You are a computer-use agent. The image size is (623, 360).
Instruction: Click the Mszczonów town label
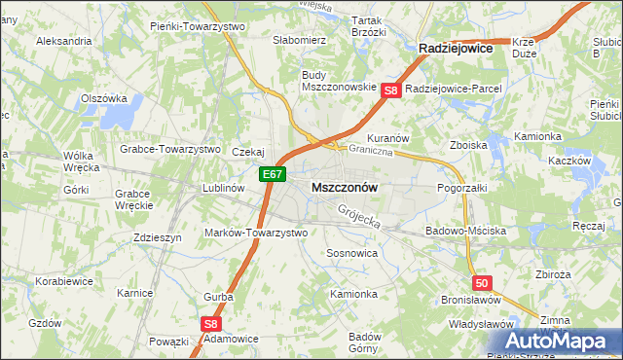(345, 186)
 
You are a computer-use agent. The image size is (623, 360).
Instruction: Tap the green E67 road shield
(273, 175)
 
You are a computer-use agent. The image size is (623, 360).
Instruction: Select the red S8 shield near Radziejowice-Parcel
(391, 90)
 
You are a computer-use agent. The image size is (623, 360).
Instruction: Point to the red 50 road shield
(485, 282)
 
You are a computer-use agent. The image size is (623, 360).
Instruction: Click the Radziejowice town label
(455, 47)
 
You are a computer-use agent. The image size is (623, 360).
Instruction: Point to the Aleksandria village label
(63, 42)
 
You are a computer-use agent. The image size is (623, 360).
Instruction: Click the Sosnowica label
(351, 252)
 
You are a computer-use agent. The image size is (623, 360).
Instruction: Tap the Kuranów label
(387, 138)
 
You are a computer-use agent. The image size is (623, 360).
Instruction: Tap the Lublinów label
(222, 188)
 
